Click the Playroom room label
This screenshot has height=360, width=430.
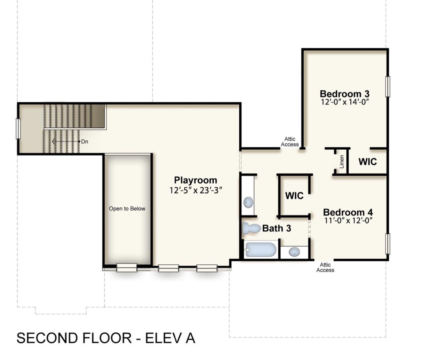[x=196, y=180]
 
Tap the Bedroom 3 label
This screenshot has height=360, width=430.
[x=344, y=94]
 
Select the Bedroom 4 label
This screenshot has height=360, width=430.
[x=348, y=212]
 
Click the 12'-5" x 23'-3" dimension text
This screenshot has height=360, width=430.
[x=196, y=190]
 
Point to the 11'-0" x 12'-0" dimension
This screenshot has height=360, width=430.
[x=349, y=221]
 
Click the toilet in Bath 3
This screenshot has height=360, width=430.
[x=251, y=228]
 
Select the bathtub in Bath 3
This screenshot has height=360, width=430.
[x=261, y=250]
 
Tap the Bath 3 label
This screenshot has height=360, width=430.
[x=277, y=228]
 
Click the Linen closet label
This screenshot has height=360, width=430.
[x=342, y=162]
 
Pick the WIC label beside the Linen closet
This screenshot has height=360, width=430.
[x=368, y=162]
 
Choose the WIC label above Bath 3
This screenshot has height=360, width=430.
[x=294, y=196]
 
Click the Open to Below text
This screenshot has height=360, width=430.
[x=127, y=209]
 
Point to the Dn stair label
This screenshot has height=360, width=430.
[x=85, y=142]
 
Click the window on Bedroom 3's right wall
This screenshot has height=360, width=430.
[x=388, y=87]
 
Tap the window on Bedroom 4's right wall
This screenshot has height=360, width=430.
[x=388, y=244]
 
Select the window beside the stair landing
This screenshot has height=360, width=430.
[x=18, y=128]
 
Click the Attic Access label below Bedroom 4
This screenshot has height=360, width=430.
[x=325, y=267]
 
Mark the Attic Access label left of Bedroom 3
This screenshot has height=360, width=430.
[x=290, y=142]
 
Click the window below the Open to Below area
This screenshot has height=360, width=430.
[x=127, y=267]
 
